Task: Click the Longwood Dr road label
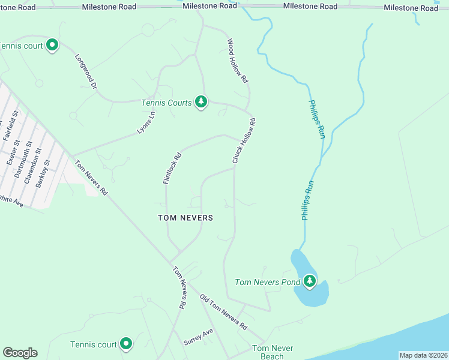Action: point(86,72)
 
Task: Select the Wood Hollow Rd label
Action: point(237,61)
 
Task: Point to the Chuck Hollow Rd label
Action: point(244,141)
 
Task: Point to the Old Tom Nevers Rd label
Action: point(223,312)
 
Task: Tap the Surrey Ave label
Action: point(198,337)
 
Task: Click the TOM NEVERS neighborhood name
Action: point(185,218)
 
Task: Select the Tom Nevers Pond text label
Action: point(268,282)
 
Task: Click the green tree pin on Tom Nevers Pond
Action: point(309,281)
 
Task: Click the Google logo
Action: point(20,353)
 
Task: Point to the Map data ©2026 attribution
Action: point(423,355)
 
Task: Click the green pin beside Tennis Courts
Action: point(201,102)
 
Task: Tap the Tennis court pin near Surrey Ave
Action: point(126,343)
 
